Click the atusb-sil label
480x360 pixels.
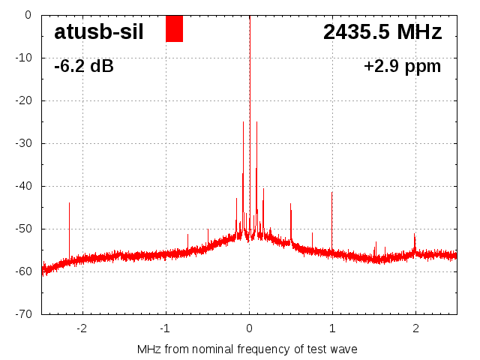[x=98, y=31]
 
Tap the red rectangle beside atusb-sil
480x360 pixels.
[x=174, y=28]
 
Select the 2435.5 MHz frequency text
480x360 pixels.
[x=382, y=31]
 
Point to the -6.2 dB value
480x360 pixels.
[x=84, y=67]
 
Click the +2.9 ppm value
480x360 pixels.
[x=402, y=67]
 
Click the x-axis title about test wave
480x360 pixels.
[x=247, y=349]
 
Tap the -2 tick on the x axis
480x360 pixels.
[x=82, y=328]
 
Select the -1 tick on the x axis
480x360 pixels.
[x=165, y=328]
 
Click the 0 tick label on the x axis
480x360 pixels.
[x=250, y=328]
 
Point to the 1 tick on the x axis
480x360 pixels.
[x=332, y=328]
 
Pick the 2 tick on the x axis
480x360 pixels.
[x=415, y=328]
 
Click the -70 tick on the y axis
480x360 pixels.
[x=24, y=314]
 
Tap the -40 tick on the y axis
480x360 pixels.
[x=24, y=186]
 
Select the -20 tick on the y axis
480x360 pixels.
[x=24, y=100]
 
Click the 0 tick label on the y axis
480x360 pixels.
[x=28, y=15]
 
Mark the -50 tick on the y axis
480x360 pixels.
[x=24, y=229]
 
